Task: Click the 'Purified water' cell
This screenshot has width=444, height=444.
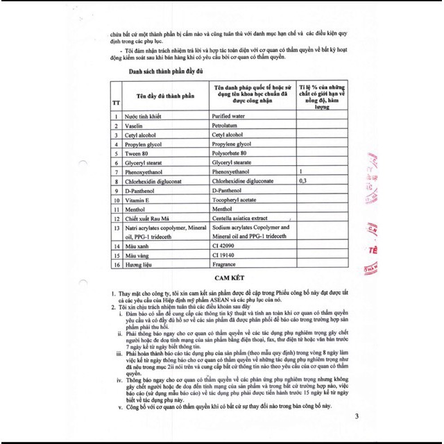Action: click(x=232, y=117)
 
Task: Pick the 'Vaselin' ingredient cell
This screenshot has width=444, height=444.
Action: click(x=134, y=128)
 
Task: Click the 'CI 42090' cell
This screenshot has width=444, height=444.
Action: click(x=226, y=245)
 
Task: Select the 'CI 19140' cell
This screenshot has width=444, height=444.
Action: click(x=226, y=255)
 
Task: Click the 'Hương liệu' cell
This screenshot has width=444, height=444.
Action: click(x=139, y=265)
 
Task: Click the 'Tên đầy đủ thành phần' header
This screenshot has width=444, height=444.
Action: click(x=162, y=94)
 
